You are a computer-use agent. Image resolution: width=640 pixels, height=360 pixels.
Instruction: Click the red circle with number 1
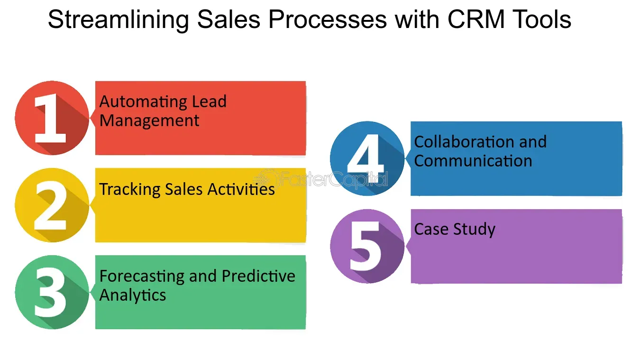tap(52, 118)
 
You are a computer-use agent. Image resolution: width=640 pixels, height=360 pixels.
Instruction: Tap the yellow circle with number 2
tap(52, 205)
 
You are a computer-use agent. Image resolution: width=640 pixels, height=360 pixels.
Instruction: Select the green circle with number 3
tap(52, 292)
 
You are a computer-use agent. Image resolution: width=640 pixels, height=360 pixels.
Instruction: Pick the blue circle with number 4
tap(367, 158)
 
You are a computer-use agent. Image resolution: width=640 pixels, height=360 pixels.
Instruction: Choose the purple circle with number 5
tap(367, 246)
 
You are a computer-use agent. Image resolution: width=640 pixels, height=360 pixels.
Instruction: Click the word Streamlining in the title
tap(119, 20)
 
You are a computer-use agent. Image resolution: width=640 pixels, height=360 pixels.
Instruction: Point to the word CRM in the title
tap(476, 19)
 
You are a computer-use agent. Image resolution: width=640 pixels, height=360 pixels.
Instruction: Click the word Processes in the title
tap(328, 19)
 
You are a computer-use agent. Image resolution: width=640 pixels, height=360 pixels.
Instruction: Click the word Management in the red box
tap(149, 120)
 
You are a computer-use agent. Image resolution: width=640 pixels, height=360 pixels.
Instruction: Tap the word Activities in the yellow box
tap(241, 189)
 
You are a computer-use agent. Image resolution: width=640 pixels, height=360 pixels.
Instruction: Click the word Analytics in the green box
tap(133, 295)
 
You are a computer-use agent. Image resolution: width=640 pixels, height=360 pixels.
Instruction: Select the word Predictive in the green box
tap(258, 276)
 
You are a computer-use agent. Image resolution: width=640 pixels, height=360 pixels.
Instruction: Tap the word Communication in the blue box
tap(473, 161)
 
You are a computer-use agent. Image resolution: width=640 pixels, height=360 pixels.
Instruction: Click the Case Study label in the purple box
tap(455, 229)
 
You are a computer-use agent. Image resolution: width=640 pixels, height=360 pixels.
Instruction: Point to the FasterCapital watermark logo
tap(320, 179)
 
